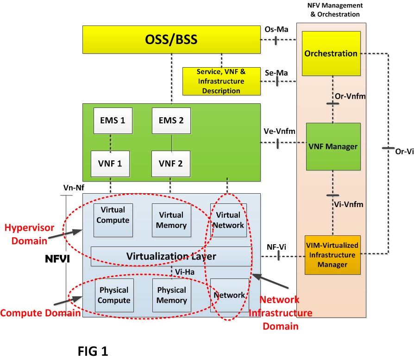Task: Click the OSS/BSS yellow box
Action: coord(171,39)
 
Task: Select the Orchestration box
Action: coord(331,53)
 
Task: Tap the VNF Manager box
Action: coord(333,146)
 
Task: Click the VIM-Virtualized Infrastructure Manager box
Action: coord(332,255)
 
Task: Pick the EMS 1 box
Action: coord(113,120)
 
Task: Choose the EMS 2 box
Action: coord(171,120)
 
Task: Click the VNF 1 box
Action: coord(110,164)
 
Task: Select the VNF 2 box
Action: coord(171,164)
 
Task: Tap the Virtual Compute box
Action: coord(113,220)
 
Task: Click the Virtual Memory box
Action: coord(171,220)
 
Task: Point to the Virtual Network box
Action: coord(228,220)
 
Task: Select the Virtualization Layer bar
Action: coord(171,256)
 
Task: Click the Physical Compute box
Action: coord(114,295)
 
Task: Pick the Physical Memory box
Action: coord(171,295)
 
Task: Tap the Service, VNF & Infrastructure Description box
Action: coord(221,81)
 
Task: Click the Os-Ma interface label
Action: coord(276,30)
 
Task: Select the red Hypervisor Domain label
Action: coord(29,234)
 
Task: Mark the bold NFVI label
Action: coord(57,259)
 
